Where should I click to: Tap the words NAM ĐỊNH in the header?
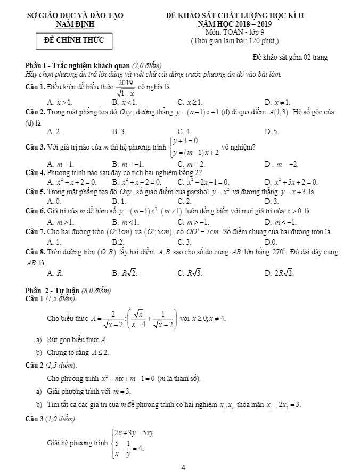[x=75, y=24]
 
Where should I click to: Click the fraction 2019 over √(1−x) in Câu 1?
[x=126, y=87]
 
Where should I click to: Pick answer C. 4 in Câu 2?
[x=184, y=131]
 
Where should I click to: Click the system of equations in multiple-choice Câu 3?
[x=193, y=146]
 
